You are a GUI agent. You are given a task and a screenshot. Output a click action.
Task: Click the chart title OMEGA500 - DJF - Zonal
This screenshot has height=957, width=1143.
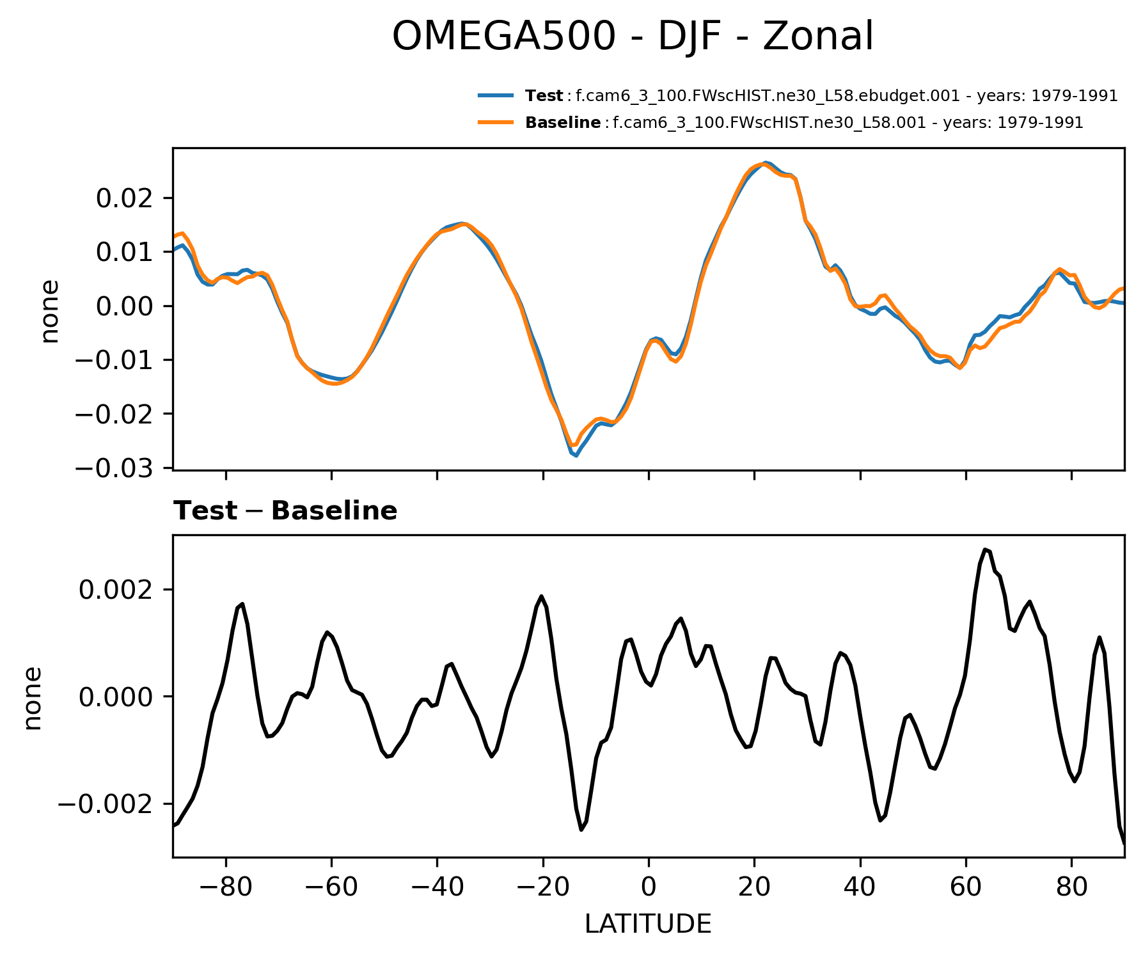coord(632,36)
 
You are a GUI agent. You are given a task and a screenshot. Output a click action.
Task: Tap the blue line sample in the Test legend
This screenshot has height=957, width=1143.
coord(495,96)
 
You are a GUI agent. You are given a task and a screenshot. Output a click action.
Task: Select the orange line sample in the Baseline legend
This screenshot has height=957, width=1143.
coord(495,122)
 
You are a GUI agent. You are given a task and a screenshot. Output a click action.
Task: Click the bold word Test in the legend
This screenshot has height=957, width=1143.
coord(544,96)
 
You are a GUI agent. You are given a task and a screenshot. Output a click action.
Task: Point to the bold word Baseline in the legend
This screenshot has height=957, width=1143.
coord(562,122)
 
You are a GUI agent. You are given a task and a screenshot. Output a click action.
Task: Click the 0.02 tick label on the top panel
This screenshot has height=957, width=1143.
coord(125,198)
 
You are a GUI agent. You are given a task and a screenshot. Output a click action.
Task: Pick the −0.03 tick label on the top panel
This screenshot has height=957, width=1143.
coord(115,468)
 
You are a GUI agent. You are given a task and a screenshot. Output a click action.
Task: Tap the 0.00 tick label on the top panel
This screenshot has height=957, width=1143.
coord(125,306)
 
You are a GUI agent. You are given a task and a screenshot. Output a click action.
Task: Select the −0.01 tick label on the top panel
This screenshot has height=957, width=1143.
coord(115,360)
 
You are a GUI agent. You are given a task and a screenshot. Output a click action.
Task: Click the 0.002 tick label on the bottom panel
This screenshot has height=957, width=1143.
coord(116,589)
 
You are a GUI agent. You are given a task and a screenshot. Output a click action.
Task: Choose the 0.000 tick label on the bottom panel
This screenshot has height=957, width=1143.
coord(116,697)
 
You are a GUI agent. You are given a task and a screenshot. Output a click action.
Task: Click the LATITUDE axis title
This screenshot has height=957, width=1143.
coord(648,924)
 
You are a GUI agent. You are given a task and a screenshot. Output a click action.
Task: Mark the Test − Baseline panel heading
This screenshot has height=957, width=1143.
coord(285,511)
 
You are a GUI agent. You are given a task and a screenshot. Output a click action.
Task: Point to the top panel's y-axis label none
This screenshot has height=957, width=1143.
coord(49,311)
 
